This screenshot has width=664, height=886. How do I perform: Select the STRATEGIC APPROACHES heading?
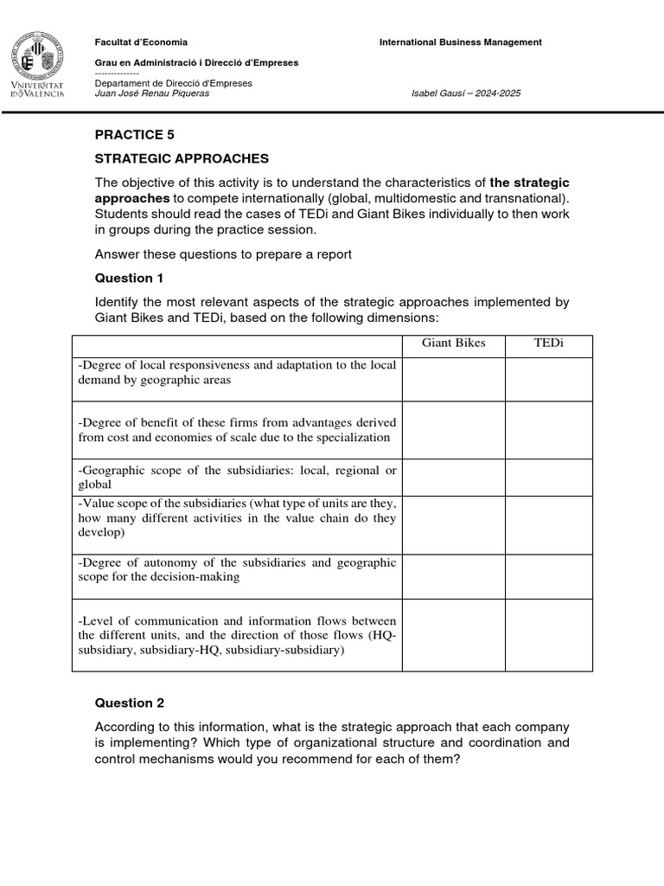click(x=182, y=158)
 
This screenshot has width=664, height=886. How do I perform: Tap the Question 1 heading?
click(x=129, y=278)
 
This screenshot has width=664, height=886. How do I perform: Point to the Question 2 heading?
click(x=129, y=703)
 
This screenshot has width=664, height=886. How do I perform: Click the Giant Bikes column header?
click(x=453, y=343)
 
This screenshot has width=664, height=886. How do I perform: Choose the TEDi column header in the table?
click(x=548, y=343)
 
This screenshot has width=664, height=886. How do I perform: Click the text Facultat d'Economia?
click(x=140, y=42)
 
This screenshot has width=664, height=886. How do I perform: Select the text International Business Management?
click(x=461, y=42)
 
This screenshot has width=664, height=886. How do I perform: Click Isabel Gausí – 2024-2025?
click(x=467, y=93)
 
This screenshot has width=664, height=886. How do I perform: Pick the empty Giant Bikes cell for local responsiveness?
click(x=453, y=379)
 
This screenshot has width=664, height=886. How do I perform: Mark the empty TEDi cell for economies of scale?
click(x=548, y=430)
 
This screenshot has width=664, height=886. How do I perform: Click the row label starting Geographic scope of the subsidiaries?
click(x=237, y=478)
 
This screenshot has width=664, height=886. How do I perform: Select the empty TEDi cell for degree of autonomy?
click(x=548, y=576)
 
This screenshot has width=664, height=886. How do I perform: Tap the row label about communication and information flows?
click(x=237, y=635)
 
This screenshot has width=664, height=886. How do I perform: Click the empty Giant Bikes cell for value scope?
click(x=453, y=525)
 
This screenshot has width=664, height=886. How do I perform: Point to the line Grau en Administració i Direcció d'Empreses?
click(x=196, y=62)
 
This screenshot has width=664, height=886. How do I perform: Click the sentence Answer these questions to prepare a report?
click(x=223, y=254)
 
